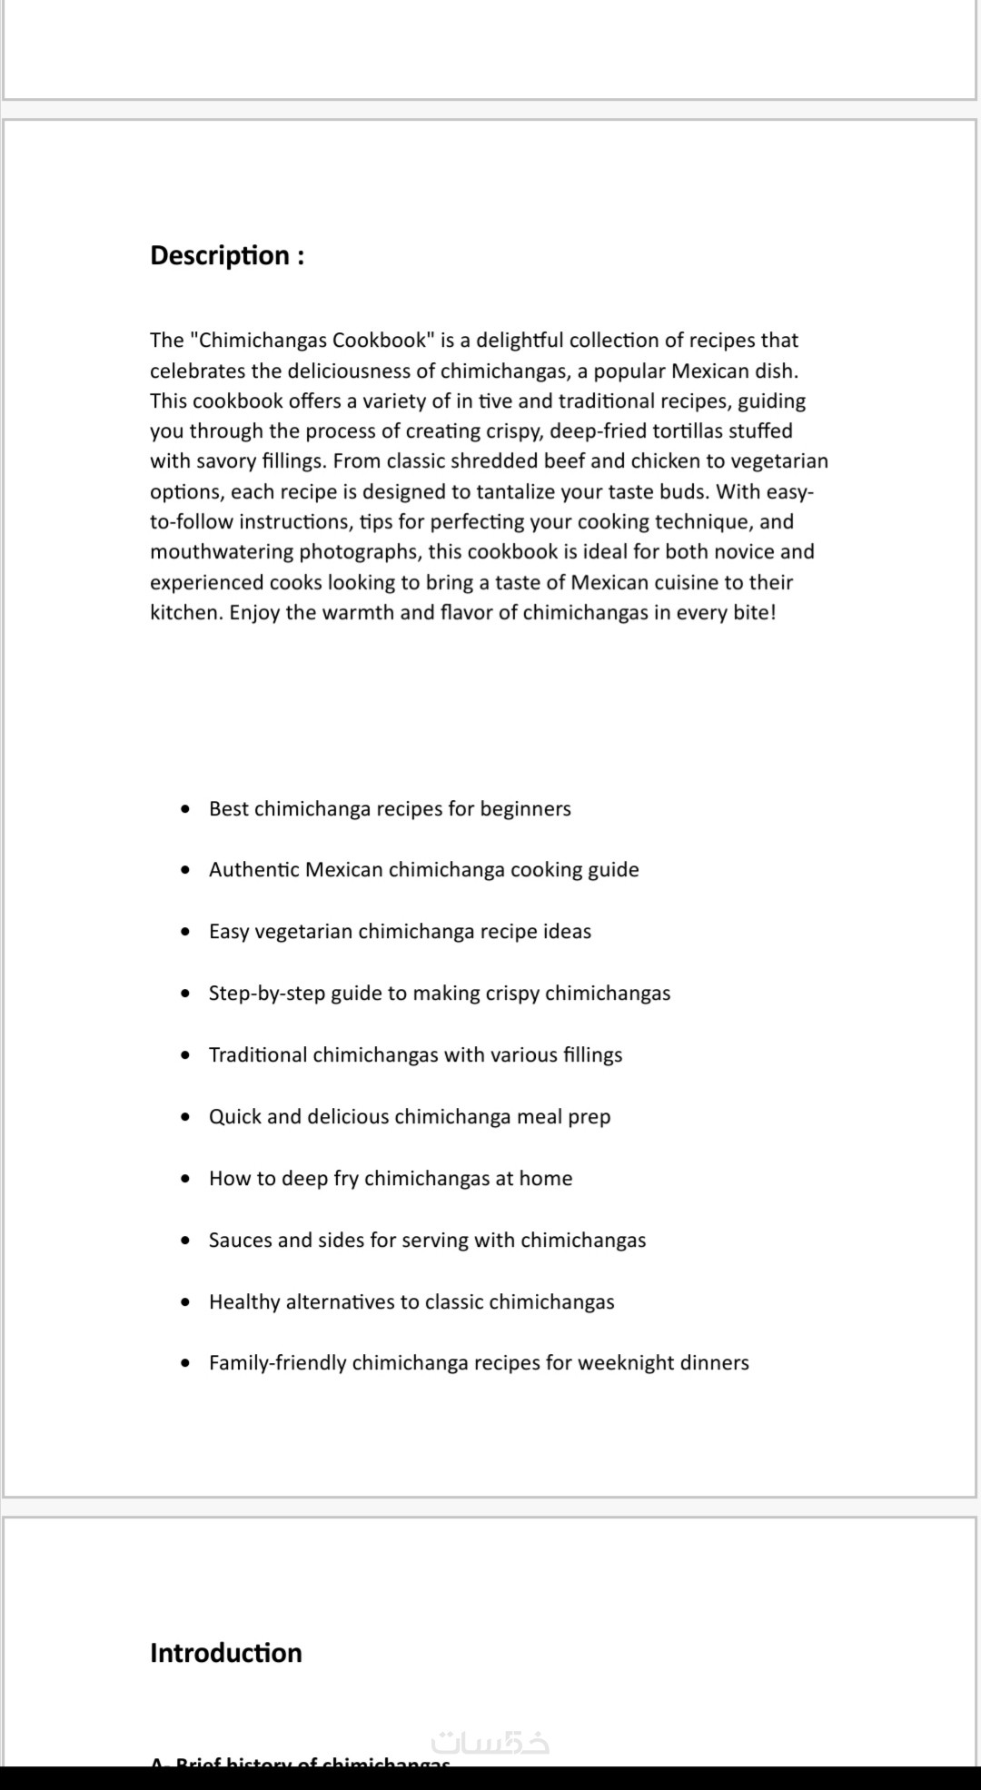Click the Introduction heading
[225, 1652]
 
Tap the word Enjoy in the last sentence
[254, 612]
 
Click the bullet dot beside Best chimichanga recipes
[186, 808]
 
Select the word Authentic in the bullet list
[253, 869]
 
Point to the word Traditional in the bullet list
[257, 1054]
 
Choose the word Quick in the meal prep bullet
[234, 1116]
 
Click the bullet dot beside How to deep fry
[186, 1178]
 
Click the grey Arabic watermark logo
[491, 1742]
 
